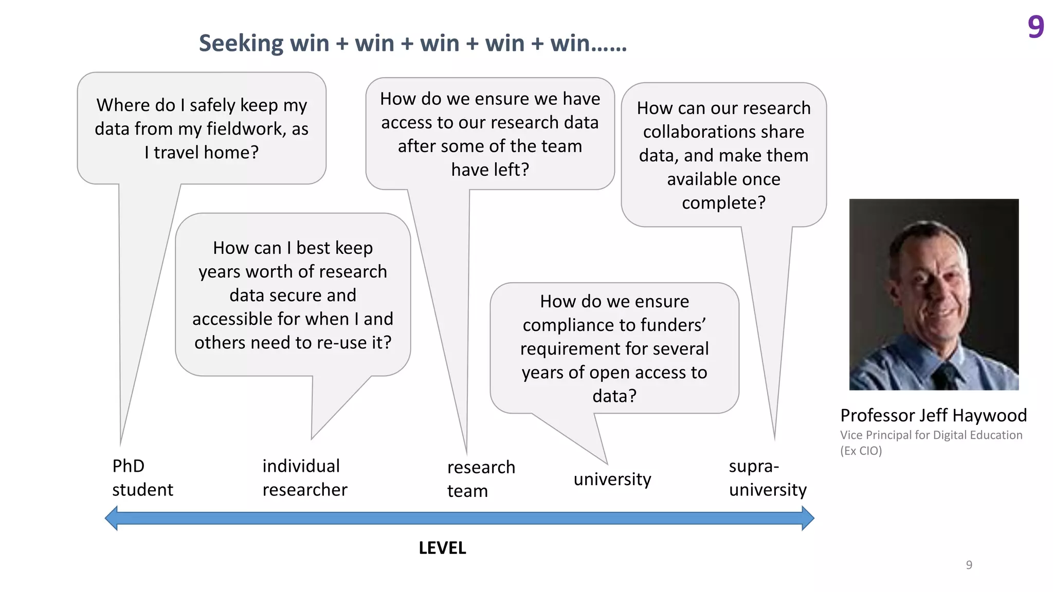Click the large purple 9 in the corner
1036,27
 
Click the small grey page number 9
969,565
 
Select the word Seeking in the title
241,44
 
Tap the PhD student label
142,478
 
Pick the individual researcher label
304,478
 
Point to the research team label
481,479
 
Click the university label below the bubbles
612,479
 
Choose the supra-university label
767,478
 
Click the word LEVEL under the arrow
442,548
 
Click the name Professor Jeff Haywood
933,415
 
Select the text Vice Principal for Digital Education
931,435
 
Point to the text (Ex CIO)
861,451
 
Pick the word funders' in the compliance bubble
670,325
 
